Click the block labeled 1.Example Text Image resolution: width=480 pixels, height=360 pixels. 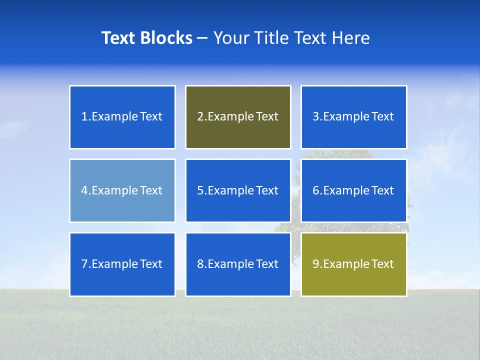coord(122,117)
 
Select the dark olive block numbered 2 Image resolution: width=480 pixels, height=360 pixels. coord(238,117)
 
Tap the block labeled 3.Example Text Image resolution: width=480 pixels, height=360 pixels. coord(353,117)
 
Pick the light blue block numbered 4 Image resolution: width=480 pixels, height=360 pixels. coord(122,190)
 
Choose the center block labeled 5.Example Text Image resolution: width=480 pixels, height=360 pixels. coord(238,190)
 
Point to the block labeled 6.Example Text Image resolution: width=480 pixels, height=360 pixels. coord(353,190)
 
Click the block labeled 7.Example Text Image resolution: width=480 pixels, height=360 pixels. coord(122,264)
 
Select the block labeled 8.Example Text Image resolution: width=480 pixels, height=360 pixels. coord(238,264)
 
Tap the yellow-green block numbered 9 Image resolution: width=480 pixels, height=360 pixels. coord(353,264)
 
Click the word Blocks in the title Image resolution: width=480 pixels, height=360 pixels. coord(166,38)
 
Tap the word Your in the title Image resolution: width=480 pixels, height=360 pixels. coord(231,38)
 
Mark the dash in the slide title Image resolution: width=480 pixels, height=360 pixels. coord(202,38)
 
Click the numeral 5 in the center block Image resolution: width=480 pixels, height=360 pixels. coord(200,190)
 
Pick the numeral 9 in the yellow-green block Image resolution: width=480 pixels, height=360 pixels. coord(316,264)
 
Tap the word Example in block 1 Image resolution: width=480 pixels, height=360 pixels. coord(114,117)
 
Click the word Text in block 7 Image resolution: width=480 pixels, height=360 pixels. coord(151,264)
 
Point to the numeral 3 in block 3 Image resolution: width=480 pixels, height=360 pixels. coord(316,117)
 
